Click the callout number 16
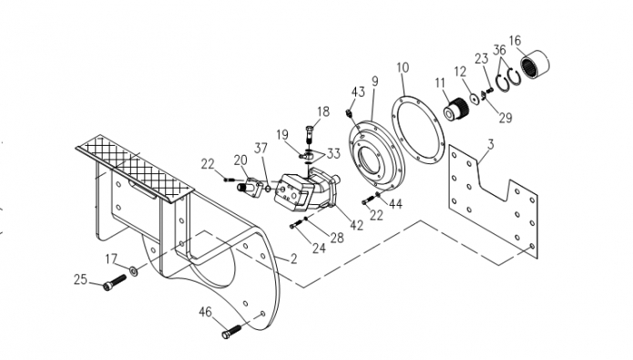point(515,40)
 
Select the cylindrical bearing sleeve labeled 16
point(535,65)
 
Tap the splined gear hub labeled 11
point(456,108)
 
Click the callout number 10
point(403,67)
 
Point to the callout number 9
point(375,81)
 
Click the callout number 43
point(358,92)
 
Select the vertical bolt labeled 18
point(309,134)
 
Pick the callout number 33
point(333,153)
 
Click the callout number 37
point(260,149)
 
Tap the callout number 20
point(240,160)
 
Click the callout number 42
point(356,225)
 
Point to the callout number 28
point(337,238)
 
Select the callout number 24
point(319,248)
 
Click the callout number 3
point(491,144)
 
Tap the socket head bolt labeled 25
point(114,282)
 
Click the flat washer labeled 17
point(133,271)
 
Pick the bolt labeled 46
point(231,332)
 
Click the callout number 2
point(293,259)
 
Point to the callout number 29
point(505,118)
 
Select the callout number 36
point(499,50)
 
